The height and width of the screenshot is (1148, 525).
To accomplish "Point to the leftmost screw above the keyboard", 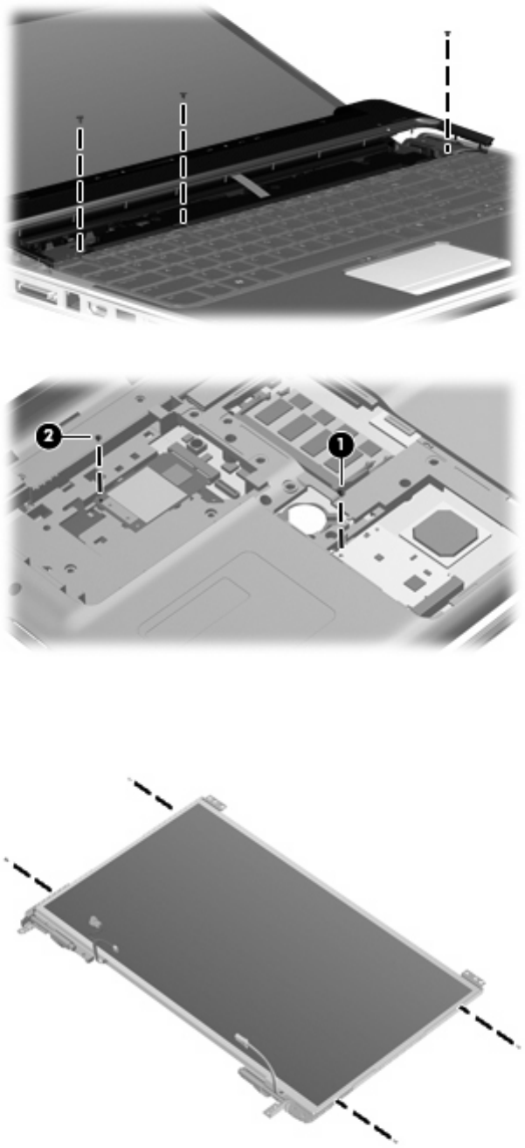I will pyautogui.click(x=80, y=118).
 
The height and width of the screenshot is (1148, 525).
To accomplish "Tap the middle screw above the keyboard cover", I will pyautogui.click(x=183, y=94).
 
